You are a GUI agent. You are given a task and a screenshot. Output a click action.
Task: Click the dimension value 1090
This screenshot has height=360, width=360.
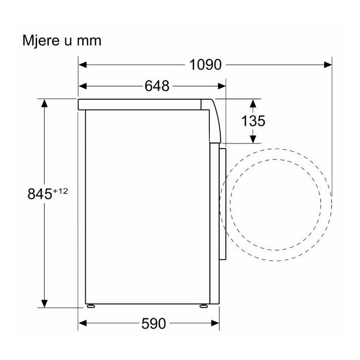(205, 65)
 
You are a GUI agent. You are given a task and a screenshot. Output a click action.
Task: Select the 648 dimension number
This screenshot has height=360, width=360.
(157, 86)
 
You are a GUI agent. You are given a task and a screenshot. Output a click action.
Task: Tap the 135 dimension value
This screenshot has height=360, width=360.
(253, 121)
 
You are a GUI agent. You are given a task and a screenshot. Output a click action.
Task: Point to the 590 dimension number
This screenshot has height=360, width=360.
(153, 323)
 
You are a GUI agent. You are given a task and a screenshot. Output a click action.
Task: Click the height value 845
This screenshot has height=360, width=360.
(40, 194)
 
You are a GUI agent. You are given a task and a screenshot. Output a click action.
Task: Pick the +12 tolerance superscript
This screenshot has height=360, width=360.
(61, 191)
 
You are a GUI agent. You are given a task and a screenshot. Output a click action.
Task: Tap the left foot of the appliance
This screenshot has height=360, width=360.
(91, 306)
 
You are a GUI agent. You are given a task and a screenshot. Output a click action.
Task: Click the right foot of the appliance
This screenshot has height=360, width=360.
(204, 306)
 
